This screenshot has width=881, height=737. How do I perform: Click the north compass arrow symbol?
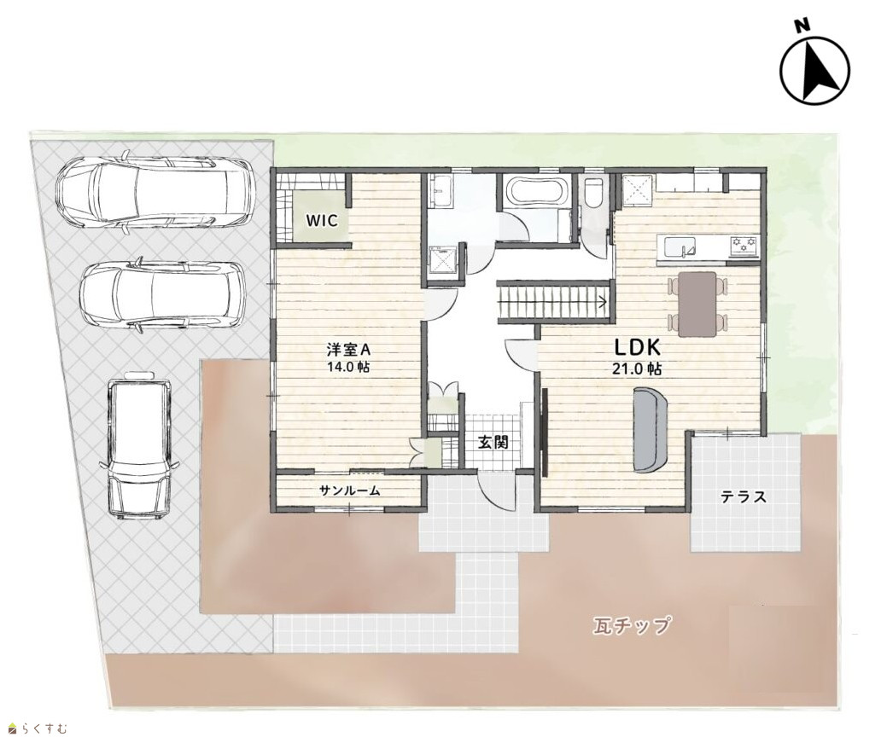pos(814,70)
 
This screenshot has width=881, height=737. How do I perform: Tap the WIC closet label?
pos(322,221)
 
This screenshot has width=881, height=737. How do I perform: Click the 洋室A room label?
pos(349,350)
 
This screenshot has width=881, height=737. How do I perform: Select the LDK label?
pos(637,348)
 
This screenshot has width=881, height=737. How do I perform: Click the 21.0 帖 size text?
pos(637,368)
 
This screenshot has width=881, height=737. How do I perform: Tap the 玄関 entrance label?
pos(493,443)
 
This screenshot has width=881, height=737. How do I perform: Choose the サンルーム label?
pos(350,490)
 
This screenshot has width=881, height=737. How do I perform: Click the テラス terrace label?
pos(744,496)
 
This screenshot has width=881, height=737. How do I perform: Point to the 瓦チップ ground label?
pos(632,624)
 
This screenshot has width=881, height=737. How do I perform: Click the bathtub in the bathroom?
pos(535,192)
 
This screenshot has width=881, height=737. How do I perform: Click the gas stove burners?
pos(744,246)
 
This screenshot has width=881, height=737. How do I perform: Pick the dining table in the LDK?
pos(697,305)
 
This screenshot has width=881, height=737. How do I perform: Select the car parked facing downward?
pos(139,445)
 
